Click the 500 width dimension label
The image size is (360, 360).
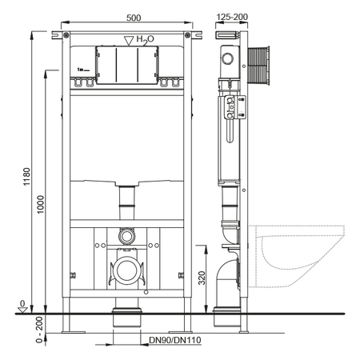pos(134,18)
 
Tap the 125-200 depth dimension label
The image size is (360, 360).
pos(232,17)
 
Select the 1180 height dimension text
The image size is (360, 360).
pos(27,177)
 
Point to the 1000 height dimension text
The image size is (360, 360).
pos(40,205)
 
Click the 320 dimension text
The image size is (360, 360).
pos(202,278)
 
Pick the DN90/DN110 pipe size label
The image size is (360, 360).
pos(175,340)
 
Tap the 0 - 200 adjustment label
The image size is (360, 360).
pos(39,330)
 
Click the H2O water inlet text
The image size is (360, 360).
pos(145,40)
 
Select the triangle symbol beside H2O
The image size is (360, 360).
pos(129,41)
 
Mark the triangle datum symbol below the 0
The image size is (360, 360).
pos(22,310)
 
